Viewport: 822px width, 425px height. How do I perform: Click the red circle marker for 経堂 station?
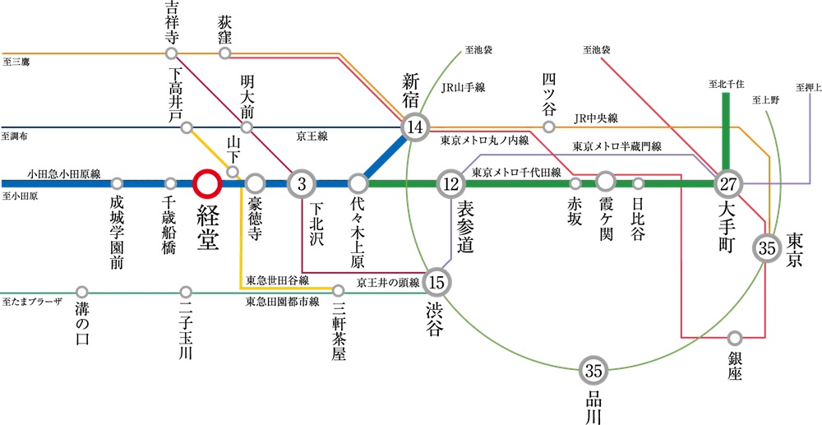tap(205, 183)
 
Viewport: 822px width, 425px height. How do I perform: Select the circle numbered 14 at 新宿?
tap(415, 127)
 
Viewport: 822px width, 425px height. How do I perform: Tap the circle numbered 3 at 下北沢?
tap(301, 183)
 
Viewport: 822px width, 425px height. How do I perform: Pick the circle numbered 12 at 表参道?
tap(450, 183)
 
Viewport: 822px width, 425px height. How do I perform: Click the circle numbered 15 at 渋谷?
tap(436, 284)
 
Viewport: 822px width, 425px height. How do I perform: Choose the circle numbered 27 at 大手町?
tap(728, 183)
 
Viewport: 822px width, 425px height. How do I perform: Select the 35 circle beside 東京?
tap(767, 247)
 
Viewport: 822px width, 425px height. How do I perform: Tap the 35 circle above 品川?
tap(593, 370)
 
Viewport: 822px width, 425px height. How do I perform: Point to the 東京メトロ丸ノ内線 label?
tap(483, 140)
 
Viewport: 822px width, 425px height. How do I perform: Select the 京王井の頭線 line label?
tap(388, 282)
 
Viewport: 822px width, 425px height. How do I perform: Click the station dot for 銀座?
tap(735, 337)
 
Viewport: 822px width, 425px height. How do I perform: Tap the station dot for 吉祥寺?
tap(171, 53)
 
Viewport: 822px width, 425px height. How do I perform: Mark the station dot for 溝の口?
tap(81, 292)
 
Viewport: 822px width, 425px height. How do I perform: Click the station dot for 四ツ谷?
tap(549, 127)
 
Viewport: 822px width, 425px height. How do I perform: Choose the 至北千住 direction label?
tap(726, 83)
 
